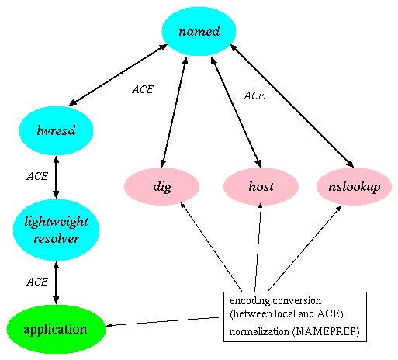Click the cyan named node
coord(199,32)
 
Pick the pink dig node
coord(162,187)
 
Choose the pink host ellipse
coord(261,187)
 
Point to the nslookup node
coord(354,187)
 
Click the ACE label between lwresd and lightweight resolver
coord(37,176)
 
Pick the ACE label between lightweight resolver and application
coord(37,281)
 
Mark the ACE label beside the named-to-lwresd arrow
coord(142,89)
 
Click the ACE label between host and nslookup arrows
coord(254,96)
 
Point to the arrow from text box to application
coord(163,321)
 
